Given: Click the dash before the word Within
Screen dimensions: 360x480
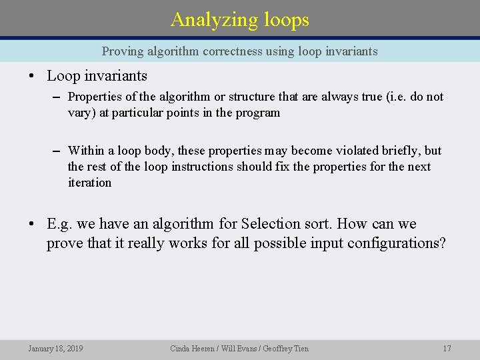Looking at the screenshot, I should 58,151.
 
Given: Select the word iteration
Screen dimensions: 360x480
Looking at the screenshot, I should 89,183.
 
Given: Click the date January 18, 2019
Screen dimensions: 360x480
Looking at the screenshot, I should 55,348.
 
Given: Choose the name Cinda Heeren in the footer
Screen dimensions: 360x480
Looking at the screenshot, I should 192,348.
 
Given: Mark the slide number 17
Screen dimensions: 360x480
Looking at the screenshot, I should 447,348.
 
